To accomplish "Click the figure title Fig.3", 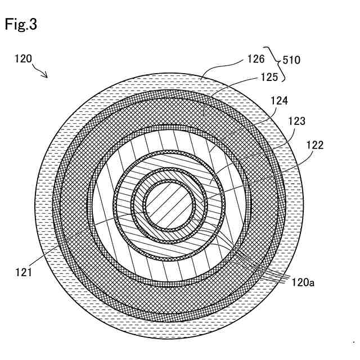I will click(x=21, y=24).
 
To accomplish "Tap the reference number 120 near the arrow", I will click(x=23, y=58).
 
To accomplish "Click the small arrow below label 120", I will click(x=42, y=71).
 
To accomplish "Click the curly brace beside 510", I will click(x=277, y=62).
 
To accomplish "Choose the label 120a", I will click(x=303, y=283).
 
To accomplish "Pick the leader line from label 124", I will click(x=247, y=121).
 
